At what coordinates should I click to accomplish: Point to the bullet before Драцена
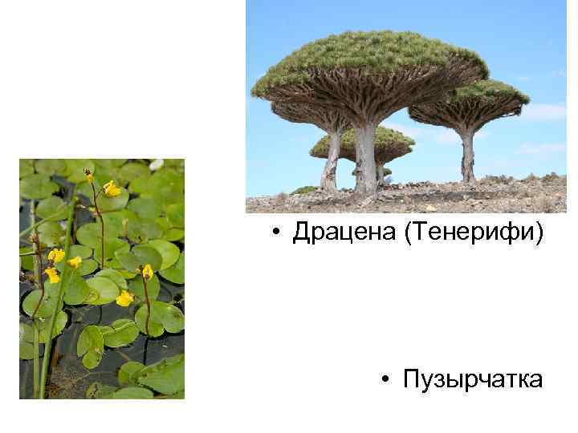(275, 233)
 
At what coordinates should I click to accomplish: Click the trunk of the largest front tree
(366, 160)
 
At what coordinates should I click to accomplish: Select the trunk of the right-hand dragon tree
(467, 156)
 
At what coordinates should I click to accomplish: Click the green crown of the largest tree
(369, 56)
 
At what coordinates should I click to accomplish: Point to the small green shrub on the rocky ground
(303, 190)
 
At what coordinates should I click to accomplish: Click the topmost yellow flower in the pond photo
(112, 189)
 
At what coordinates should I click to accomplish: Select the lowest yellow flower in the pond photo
(124, 298)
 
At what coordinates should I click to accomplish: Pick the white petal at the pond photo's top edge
(157, 164)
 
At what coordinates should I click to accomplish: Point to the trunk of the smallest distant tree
(380, 172)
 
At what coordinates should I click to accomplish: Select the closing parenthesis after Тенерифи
(540, 233)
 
